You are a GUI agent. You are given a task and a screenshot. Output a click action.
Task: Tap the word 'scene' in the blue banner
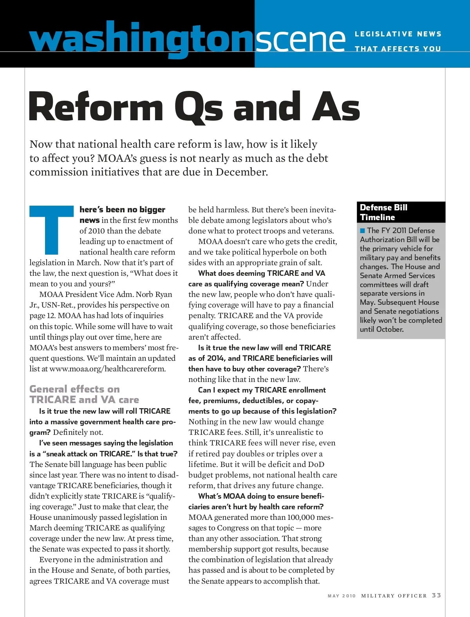point(301,39)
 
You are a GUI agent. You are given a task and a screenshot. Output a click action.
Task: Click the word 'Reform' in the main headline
point(96,107)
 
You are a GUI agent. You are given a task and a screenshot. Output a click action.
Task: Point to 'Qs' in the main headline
point(199,107)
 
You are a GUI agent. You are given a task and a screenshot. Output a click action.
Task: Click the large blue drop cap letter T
point(52,230)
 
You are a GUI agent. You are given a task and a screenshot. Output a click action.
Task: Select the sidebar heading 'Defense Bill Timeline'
point(383,212)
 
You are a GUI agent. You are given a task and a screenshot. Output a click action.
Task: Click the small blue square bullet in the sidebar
point(363,230)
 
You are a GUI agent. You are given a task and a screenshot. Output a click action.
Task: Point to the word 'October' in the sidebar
point(389,329)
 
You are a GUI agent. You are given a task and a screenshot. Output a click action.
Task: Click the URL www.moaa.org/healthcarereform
point(107,369)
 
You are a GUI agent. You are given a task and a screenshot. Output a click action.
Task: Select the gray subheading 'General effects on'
point(74,389)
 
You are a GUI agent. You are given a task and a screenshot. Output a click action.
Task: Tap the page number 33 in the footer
point(436,595)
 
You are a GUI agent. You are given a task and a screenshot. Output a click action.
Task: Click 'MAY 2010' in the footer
point(342,596)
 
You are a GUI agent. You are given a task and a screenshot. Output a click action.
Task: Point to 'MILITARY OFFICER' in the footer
point(394,596)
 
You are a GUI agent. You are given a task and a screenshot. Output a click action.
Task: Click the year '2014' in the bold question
point(215,358)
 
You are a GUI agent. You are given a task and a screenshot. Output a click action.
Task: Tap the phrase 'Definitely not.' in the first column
point(78,432)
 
